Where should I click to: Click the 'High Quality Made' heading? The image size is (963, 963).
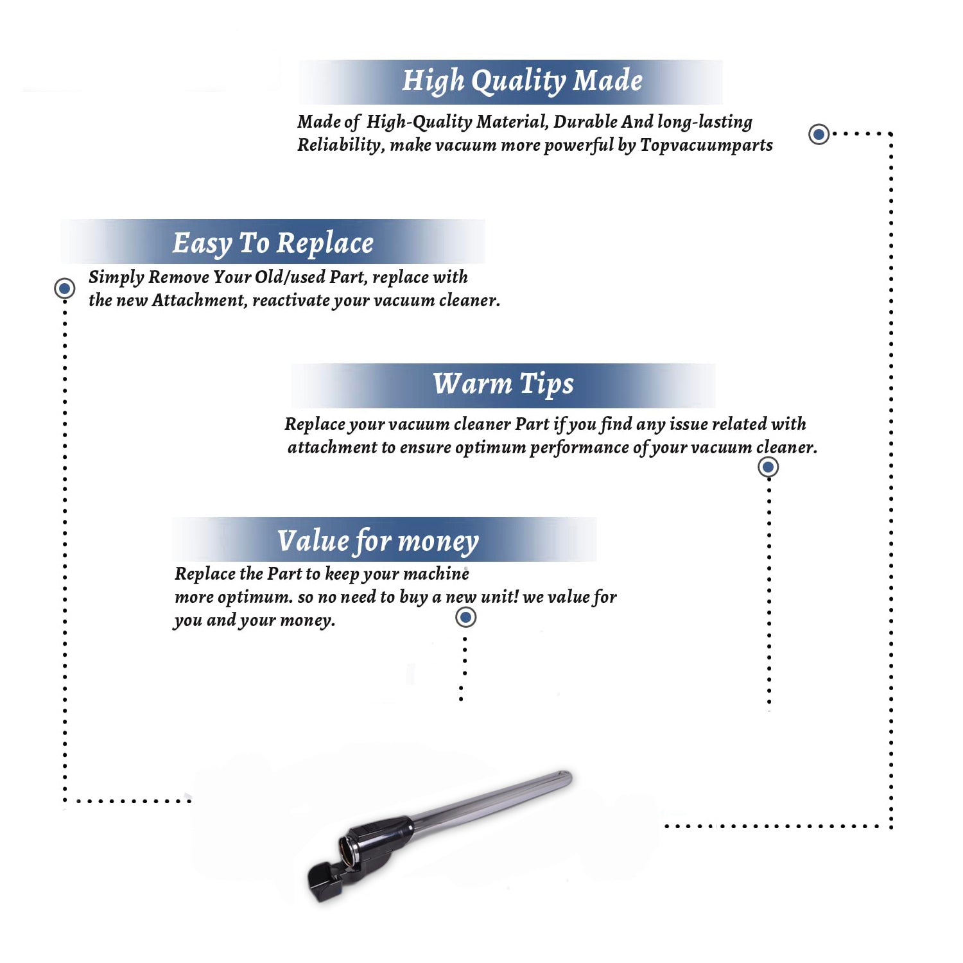522,82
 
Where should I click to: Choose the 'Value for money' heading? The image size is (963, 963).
377,541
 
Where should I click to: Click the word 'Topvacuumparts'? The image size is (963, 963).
706,146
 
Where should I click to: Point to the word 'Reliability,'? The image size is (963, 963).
341,146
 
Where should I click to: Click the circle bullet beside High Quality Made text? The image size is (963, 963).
819,134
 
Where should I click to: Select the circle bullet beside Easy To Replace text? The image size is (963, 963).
64,288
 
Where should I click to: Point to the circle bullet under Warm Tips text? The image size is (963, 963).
768,467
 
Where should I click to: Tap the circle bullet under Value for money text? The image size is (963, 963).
465,617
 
